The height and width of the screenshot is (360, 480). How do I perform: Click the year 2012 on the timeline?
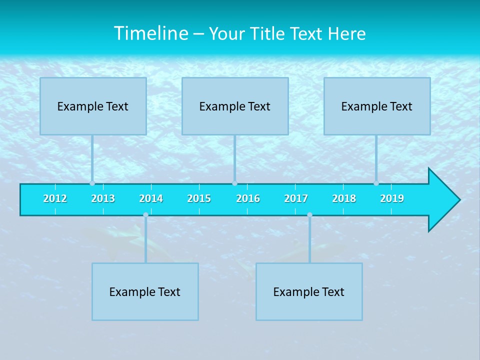point(55,198)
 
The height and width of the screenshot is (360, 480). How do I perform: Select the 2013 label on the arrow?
point(103,198)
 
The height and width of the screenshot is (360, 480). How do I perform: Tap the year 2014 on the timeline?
point(151,198)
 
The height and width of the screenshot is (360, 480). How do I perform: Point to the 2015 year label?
point(199,198)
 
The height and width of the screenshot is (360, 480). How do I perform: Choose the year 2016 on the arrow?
point(248,198)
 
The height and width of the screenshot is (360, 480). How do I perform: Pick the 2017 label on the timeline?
point(296,198)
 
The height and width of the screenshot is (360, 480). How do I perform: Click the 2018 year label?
point(344,198)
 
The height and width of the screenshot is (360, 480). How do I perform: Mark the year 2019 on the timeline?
point(392,198)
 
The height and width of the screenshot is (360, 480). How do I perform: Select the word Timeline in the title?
point(150,33)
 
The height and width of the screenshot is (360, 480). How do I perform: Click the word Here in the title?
point(346,33)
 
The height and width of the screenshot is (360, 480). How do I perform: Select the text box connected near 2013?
point(93,106)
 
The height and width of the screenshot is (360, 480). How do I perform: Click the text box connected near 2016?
point(235,106)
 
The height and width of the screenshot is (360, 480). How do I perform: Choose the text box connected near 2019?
point(377,106)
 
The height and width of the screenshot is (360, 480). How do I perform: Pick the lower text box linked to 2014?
point(145,291)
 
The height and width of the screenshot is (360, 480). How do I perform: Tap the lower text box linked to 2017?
point(309,291)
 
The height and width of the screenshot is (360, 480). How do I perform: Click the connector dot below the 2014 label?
point(145,215)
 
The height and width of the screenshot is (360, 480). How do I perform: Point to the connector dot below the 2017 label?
point(309,215)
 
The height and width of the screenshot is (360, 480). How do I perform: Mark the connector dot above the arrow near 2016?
point(234,183)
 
